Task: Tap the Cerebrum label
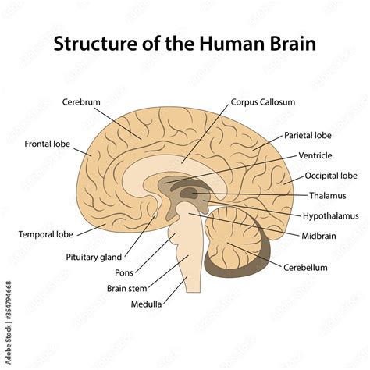tap(82, 102)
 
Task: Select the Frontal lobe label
tap(48, 144)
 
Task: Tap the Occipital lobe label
tap(331, 176)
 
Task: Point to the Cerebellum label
tap(305, 267)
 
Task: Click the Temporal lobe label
tap(46, 233)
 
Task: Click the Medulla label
tap(146, 304)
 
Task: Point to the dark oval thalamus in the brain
tap(188, 192)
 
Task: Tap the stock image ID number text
tap(8, 311)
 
